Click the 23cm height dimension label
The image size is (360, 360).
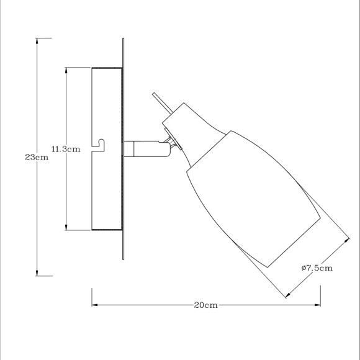37,157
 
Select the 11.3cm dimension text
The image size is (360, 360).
66,149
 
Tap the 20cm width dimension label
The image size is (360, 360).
205,305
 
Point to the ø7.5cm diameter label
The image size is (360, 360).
317,268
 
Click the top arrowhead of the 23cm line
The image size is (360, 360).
38,40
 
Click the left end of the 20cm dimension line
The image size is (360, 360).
94,305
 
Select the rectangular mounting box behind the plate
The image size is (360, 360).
107,149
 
